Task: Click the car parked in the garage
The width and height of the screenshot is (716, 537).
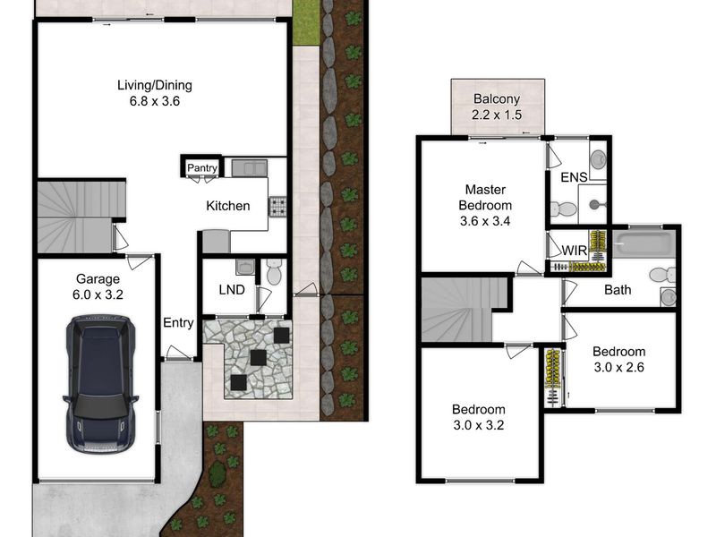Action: point(100,384)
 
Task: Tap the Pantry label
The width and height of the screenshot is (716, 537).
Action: point(202,167)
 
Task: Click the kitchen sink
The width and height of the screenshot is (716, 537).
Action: point(250,167)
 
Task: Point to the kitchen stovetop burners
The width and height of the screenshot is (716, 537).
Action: point(277,207)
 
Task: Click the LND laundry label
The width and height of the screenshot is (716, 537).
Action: point(232,289)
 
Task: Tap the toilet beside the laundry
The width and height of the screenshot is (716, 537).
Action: point(274,272)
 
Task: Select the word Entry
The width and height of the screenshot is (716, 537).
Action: point(178,323)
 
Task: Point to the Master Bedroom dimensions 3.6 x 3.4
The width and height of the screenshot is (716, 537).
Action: point(485,221)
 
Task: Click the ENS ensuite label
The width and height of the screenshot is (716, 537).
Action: point(574,177)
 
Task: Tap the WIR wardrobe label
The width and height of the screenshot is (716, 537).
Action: point(574,251)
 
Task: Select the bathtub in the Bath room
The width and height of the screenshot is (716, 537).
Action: point(644,244)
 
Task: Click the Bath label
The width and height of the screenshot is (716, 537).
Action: point(618,289)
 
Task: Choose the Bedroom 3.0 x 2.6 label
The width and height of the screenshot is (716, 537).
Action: point(618,360)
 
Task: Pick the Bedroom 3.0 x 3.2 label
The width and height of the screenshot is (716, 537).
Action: point(479,417)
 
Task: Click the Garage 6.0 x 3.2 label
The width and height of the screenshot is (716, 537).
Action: point(98,286)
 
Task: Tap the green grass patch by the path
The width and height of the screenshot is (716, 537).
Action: point(305,22)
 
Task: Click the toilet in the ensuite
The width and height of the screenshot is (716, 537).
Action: point(564,209)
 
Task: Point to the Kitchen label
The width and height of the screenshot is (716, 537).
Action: point(228,206)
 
